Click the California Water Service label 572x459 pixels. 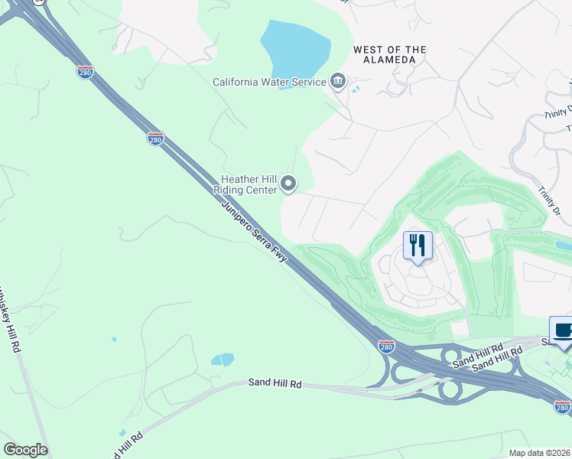(x=268, y=82)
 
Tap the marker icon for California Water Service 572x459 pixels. (x=338, y=82)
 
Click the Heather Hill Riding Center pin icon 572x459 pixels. (x=288, y=183)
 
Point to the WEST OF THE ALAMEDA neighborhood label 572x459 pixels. (x=389, y=54)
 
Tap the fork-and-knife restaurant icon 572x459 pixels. (x=418, y=246)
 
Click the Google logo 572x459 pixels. (x=25, y=450)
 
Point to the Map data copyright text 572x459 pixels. (x=540, y=453)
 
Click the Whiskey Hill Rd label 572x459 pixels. (x=8, y=318)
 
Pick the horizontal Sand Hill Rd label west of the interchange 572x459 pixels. (x=275, y=382)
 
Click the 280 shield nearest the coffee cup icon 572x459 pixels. (x=562, y=408)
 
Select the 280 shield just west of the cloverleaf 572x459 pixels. (x=386, y=347)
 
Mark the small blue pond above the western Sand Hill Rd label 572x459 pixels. (x=222, y=359)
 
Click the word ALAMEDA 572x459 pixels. (x=390, y=60)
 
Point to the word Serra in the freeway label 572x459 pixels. (x=264, y=242)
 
